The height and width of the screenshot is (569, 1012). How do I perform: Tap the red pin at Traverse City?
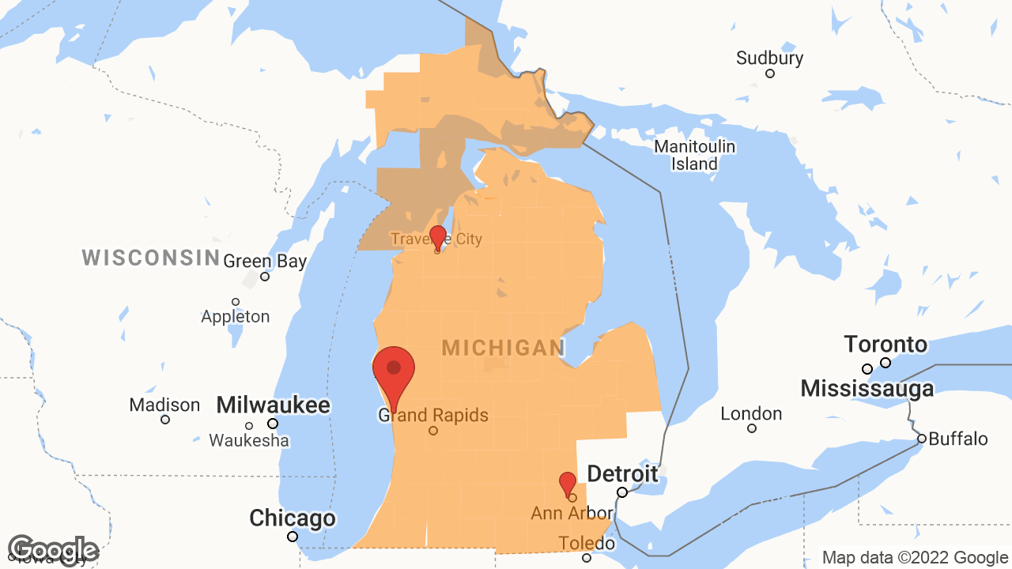[x=437, y=236]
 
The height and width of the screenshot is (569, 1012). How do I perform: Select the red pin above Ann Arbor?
[x=568, y=482]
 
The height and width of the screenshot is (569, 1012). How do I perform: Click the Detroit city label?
[x=622, y=474]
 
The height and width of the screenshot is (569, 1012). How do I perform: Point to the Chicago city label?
[x=293, y=519]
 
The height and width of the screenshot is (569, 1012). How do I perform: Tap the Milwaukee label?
[x=273, y=405]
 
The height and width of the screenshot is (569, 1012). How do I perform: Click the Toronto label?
[x=885, y=345]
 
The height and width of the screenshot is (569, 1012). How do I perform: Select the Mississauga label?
[x=867, y=389]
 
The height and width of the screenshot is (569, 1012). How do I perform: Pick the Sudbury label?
[x=769, y=58]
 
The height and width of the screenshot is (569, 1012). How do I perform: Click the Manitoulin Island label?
[x=695, y=156]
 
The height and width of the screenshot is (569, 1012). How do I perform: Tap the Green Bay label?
[x=265, y=262]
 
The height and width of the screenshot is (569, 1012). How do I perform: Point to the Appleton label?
[x=236, y=316]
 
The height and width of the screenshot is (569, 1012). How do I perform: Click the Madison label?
[x=165, y=405]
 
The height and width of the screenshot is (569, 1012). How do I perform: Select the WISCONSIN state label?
[x=151, y=257]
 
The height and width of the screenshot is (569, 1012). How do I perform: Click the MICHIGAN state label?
[x=504, y=348]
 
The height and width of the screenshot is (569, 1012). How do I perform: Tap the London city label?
[x=751, y=414]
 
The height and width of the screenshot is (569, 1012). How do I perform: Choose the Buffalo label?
[x=958, y=439]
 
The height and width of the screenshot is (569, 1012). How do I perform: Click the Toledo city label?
[x=587, y=544]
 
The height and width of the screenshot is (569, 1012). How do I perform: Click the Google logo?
[x=53, y=551]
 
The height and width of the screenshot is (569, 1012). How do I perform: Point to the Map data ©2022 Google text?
[x=916, y=558]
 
